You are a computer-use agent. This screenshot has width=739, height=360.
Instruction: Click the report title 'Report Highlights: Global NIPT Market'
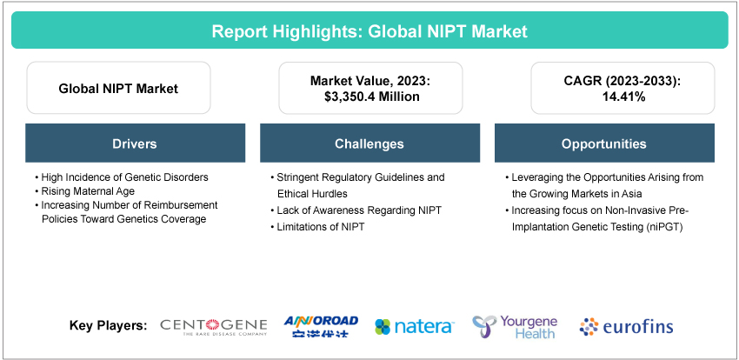click(369, 31)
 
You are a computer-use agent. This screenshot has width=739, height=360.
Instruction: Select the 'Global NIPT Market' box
click(118, 88)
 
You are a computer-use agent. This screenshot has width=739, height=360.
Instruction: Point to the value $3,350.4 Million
click(369, 97)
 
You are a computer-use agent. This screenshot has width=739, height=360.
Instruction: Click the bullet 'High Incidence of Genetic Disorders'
click(123, 177)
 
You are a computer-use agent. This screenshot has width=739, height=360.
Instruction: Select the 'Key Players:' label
click(108, 326)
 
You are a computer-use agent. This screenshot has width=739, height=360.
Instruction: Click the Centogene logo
click(214, 326)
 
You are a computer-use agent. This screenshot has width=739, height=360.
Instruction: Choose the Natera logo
click(414, 327)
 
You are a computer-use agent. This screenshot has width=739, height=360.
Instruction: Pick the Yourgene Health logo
click(515, 326)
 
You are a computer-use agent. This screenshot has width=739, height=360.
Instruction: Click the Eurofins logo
click(626, 327)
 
